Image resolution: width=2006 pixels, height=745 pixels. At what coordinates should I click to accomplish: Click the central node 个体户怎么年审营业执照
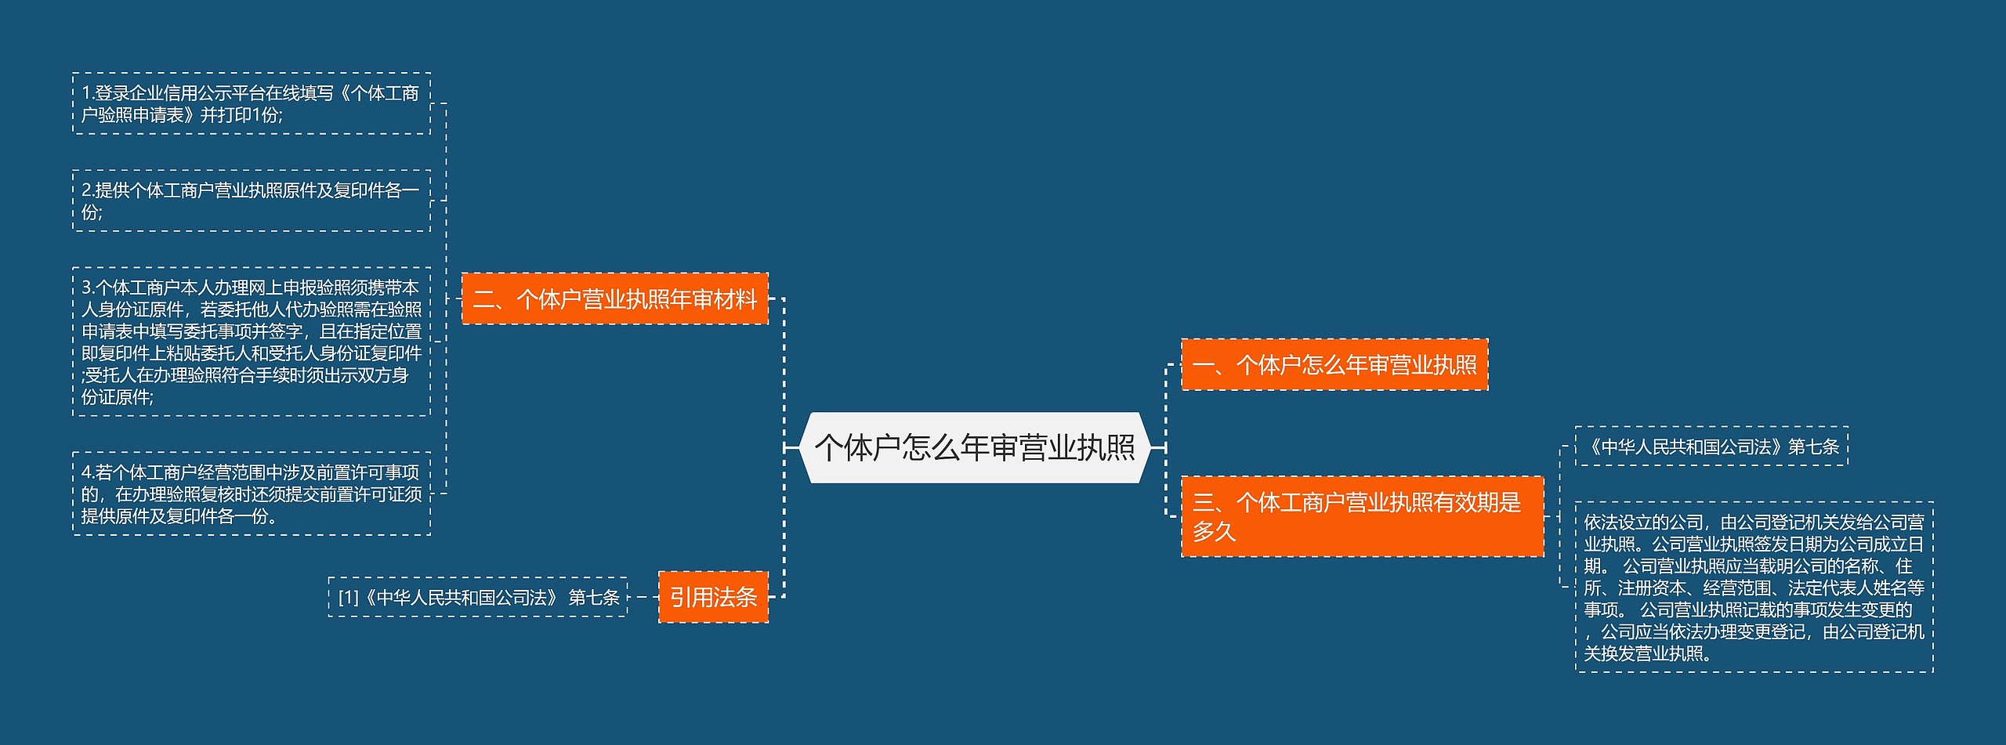[975, 447]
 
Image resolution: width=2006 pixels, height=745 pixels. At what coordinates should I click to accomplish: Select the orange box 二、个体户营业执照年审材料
[614, 298]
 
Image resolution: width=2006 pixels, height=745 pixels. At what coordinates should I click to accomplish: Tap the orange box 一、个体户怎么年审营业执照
[1334, 364]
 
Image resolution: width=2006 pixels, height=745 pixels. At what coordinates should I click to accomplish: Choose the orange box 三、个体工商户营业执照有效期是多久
[1362, 516]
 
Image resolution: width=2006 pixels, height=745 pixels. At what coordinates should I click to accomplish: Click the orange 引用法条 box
[713, 597]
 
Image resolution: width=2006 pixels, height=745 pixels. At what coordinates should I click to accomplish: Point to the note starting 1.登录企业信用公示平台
[251, 103]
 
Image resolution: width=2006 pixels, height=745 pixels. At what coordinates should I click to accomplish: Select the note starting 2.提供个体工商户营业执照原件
[251, 201]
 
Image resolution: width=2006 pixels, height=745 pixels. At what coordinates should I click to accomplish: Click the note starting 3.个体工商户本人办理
[251, 342]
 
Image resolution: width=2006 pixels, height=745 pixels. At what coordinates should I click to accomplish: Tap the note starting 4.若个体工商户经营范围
[251, 494]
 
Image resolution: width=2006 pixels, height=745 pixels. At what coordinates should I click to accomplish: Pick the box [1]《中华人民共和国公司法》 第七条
[478, 597]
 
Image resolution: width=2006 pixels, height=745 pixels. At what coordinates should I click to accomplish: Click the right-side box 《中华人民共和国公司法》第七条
[1711, 447]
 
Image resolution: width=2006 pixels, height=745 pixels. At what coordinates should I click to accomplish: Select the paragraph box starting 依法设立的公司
[1754, 587]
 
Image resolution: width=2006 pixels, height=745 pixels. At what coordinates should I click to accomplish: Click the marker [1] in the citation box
[348, 598]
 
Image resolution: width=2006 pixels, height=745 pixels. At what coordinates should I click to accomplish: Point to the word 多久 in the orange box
[1214, 532]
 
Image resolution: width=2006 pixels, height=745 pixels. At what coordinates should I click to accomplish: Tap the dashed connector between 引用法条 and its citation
[643, 597]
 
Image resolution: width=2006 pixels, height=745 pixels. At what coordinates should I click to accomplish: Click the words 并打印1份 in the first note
[241, 115]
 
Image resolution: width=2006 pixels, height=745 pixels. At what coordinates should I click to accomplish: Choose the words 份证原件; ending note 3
[118, 397]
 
